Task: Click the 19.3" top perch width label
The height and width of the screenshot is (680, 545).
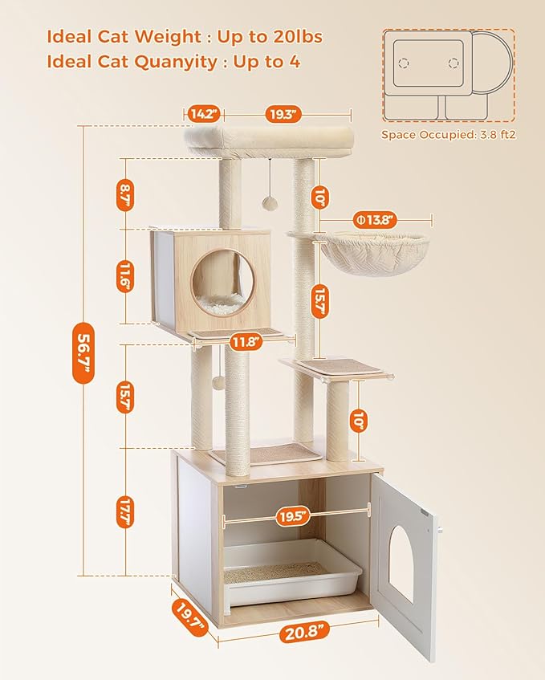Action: click(282, 113)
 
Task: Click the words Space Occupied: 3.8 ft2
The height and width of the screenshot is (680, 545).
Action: click(448, 135)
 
